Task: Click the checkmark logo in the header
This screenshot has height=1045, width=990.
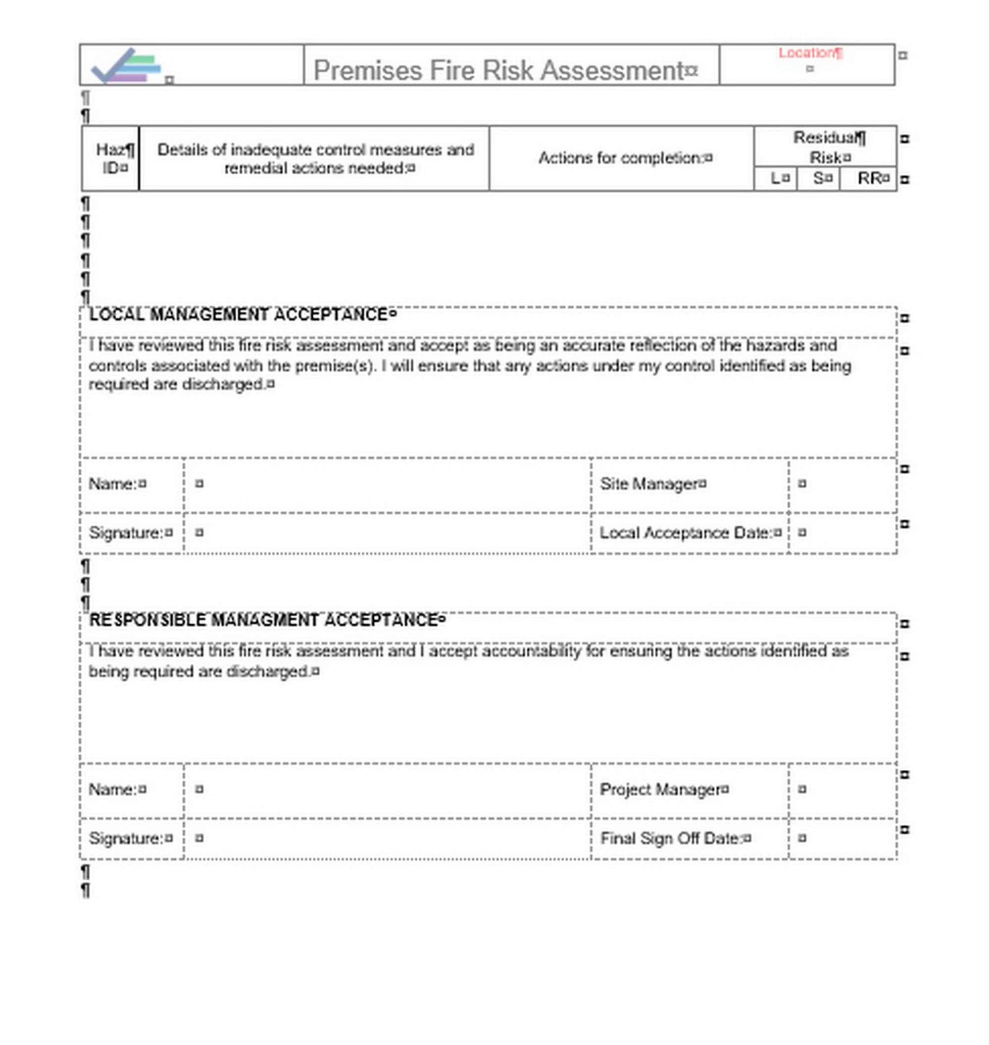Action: coord(126,66)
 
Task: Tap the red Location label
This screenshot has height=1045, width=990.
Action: coord(807,53)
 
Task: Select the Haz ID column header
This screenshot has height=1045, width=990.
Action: coord(112,158)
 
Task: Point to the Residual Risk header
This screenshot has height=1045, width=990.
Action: coord(825,147)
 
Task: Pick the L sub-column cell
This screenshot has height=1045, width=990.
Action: coord(775,178)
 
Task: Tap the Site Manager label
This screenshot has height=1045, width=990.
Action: coord(648,484)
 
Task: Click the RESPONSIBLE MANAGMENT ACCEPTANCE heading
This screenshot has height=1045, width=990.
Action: coord(264,620)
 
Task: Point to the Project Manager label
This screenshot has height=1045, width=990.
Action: coord(660,790)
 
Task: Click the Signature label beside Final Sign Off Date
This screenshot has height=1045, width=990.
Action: coord(126,838)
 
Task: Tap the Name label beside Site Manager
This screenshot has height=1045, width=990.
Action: coord(113,484)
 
